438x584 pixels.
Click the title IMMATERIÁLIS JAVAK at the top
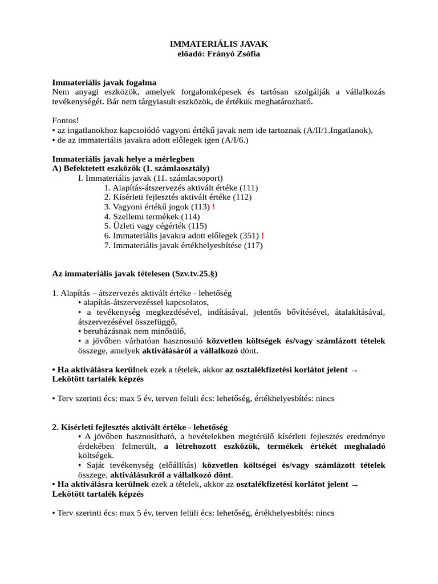coord(220,43)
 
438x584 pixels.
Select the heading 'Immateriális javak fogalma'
coord(104,82)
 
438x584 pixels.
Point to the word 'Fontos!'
coord(66,120)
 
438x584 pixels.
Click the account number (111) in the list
coord(249,188)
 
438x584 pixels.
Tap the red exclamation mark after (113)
coord(213,207)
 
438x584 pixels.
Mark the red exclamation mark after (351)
coord(262,236)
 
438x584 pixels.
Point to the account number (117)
coord(254,245)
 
